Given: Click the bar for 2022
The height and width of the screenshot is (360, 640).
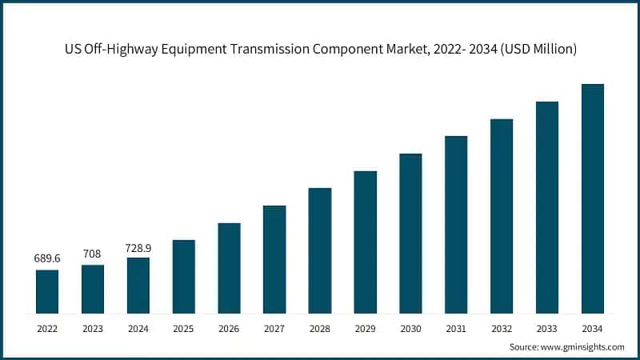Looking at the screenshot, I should tap(47, 291).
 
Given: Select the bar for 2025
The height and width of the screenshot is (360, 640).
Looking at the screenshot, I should tap(183, 276).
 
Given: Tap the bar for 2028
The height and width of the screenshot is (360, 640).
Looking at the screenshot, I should tap(320, 250).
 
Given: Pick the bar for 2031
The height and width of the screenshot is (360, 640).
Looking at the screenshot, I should tap(456, 224).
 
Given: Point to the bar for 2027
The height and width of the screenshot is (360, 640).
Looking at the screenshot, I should tap(274, 259).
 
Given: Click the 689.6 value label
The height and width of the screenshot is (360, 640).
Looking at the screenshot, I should tap(47, 259).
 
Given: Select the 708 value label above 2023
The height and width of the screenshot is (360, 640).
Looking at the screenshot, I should tap(92, 254).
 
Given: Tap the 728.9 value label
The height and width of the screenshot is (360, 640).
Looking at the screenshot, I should tap(138, 249).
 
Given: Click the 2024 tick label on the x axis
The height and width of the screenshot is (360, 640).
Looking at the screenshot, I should tap(138, 327).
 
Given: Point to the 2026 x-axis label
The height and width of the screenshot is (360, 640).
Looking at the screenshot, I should tap(229, 327).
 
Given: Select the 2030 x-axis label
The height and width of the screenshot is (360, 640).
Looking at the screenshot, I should tap(410, 327).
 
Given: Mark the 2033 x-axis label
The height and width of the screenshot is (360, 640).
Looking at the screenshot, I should tap(546, 327).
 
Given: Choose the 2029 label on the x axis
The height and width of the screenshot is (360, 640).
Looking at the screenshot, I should tap(365, 327).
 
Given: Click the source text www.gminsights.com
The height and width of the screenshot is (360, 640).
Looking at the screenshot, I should tap(583, 346).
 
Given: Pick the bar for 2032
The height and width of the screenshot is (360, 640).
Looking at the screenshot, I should tap(502, 216).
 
